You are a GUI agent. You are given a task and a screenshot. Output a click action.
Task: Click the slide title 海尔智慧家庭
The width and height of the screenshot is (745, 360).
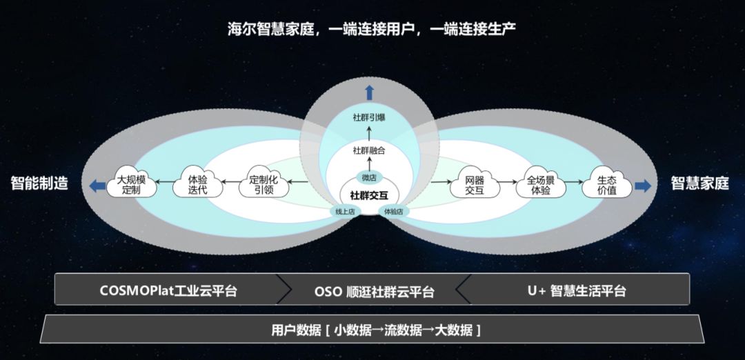[x=372, y=28]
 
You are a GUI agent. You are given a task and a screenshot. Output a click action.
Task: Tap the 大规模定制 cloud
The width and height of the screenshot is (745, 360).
[x=130, y=183]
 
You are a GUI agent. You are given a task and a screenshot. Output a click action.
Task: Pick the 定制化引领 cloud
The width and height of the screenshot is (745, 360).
[x=264, y=183]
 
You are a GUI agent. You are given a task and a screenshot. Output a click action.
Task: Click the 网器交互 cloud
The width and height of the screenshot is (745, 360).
[x=475, y=183]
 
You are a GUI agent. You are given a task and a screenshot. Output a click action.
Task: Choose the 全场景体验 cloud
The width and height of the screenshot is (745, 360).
[x=541, y=183]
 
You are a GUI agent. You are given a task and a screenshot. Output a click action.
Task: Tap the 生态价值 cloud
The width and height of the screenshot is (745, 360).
[x=607, y=183]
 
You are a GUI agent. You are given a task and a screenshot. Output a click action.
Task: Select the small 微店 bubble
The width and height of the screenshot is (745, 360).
[x=369, y=177]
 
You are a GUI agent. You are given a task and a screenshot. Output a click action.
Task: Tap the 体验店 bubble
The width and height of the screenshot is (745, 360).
[x=393, y=211]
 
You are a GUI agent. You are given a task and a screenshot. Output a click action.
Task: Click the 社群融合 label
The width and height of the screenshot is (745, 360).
[x=369, y=150]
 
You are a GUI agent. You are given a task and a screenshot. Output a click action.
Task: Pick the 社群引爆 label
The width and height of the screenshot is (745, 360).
[x=369, y=117]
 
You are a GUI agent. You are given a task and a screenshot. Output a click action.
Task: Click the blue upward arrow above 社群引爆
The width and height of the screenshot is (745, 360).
[x=369, y=92]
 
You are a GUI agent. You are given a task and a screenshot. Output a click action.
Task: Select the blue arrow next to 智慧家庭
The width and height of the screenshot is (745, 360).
[x=643, y=184]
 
